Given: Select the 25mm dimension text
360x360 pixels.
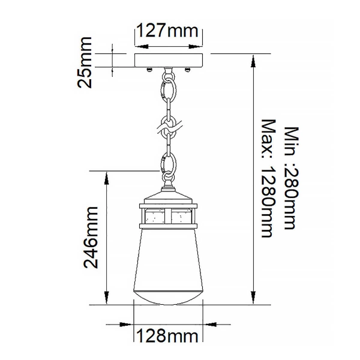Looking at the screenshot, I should [x=86, y=62].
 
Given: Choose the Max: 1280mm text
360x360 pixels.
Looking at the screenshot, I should [x=268, y=178].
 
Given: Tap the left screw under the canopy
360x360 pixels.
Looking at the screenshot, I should [x=148, y=70].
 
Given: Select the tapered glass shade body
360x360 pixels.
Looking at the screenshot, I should [x=169, y=258].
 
